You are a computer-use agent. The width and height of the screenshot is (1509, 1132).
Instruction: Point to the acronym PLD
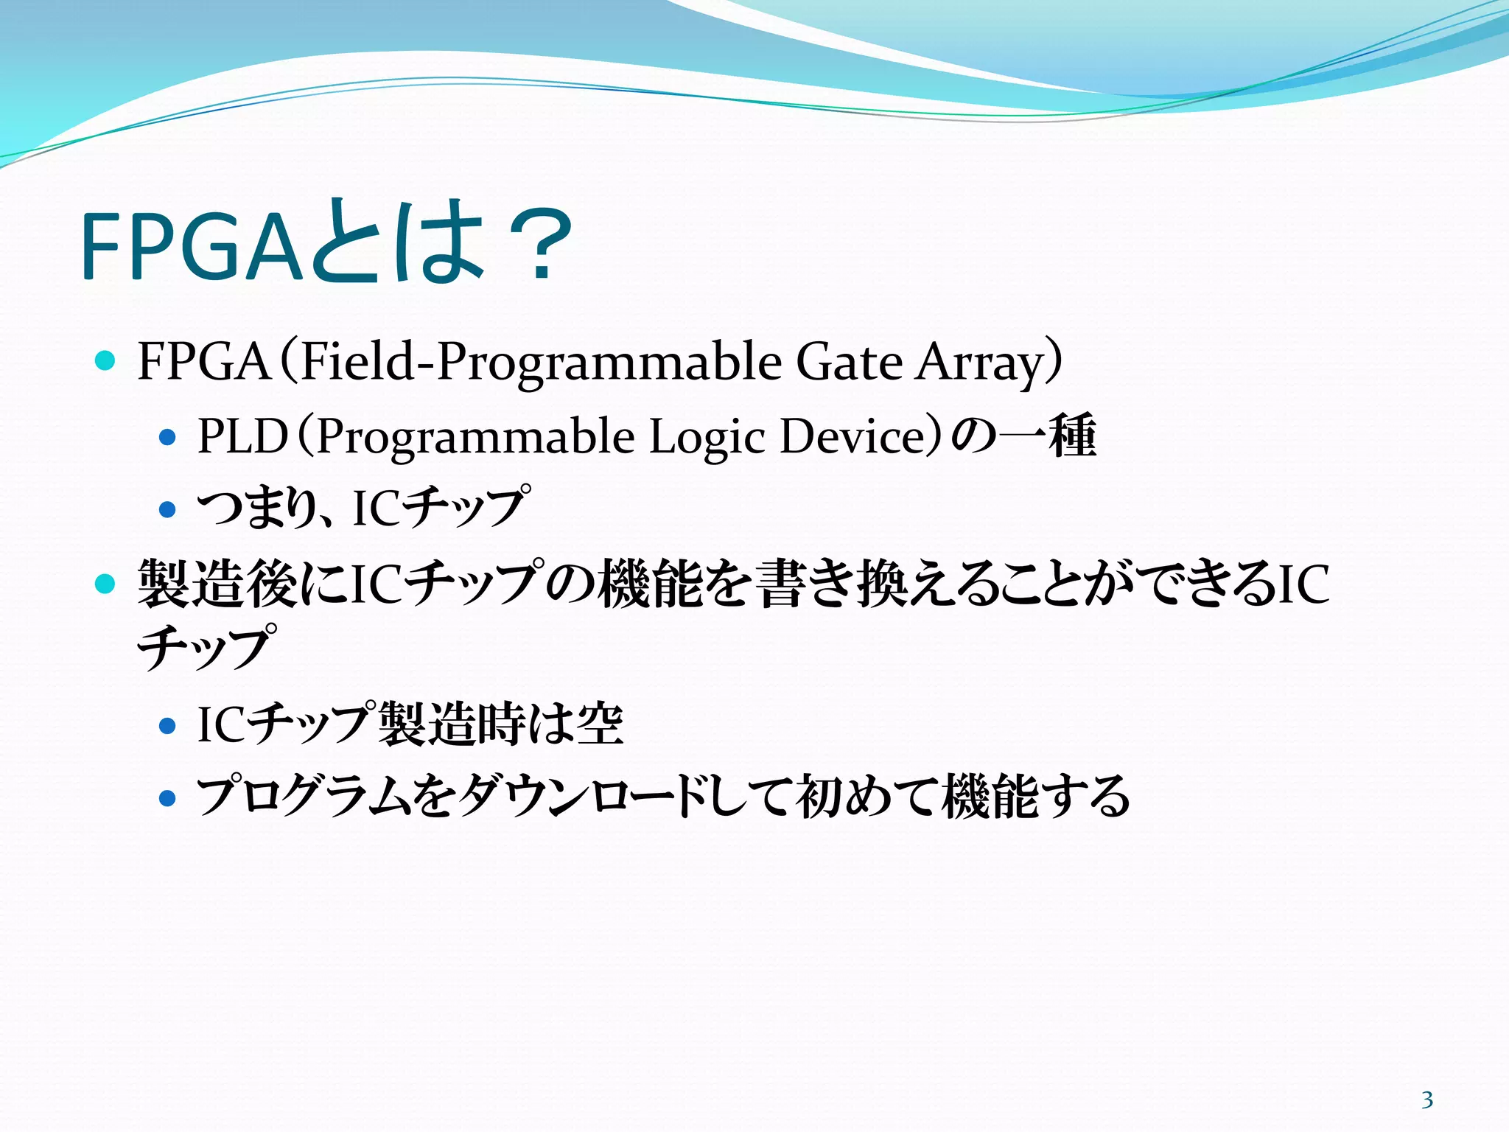(x=242, y=436)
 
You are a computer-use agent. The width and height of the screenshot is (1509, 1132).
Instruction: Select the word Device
(x=857, y=436)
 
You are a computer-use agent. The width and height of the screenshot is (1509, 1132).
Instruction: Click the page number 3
(x=1427, y=1100)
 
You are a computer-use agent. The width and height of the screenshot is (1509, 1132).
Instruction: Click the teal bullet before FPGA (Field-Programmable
(x=105, y=361)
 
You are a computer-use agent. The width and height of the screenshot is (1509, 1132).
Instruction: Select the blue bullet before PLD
(x=168, y=438)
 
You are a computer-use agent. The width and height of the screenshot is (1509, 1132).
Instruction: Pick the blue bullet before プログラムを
(x=168, y=798)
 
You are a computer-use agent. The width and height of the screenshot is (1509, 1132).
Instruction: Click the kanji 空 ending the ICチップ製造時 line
(x=600, y=724)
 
